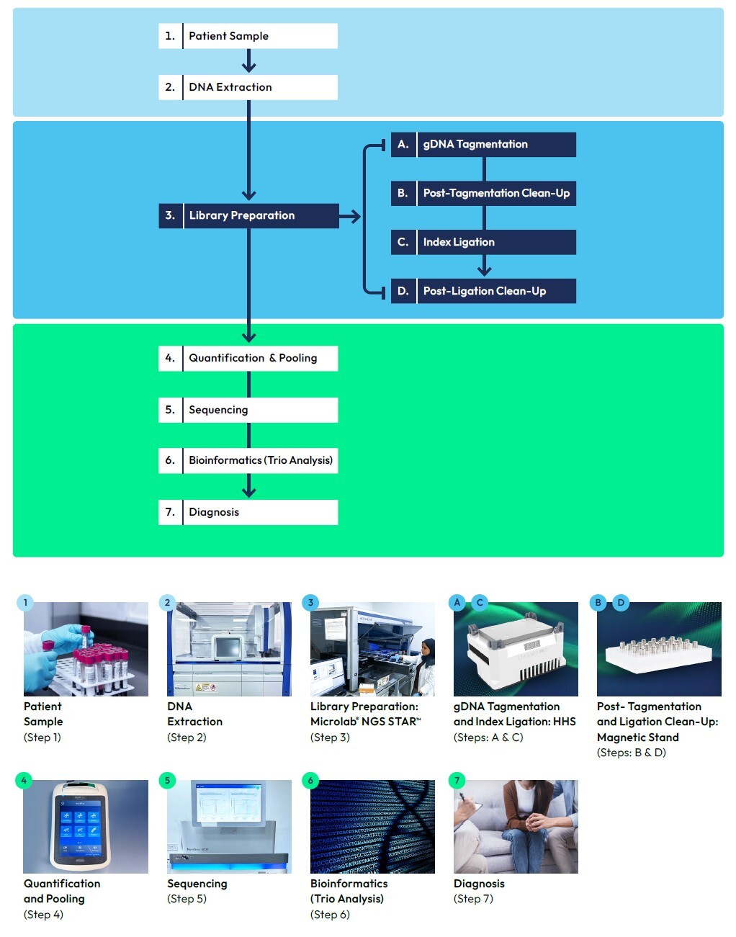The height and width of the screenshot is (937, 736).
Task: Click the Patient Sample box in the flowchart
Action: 248,36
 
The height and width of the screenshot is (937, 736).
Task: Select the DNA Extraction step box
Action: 248,87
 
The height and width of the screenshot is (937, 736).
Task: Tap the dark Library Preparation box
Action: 248,215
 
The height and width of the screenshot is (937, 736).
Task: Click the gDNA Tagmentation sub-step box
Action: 483,144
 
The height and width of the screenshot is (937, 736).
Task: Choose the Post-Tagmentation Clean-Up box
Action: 483,193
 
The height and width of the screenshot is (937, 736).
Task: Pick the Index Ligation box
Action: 483,242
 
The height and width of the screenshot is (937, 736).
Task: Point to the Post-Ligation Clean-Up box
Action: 483,291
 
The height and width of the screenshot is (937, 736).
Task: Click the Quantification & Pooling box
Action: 248,358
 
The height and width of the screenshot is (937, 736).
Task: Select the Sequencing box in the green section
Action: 248,410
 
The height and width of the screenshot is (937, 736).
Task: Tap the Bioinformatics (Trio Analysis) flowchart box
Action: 248,460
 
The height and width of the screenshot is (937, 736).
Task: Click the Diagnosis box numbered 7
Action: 248,512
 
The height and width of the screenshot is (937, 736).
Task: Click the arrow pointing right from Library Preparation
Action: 350,216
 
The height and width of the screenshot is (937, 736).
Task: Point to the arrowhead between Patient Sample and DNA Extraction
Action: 248,66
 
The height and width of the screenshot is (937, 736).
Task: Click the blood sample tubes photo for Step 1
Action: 86,649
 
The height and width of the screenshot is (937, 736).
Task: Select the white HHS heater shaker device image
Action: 516,649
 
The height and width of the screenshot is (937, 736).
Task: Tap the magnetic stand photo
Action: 659,649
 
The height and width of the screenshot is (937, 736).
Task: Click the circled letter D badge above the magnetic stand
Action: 621,602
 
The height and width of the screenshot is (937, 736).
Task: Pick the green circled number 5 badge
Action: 167,780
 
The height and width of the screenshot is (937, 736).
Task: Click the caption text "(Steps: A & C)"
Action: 488,738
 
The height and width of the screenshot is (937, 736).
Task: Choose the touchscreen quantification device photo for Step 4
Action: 86,827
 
